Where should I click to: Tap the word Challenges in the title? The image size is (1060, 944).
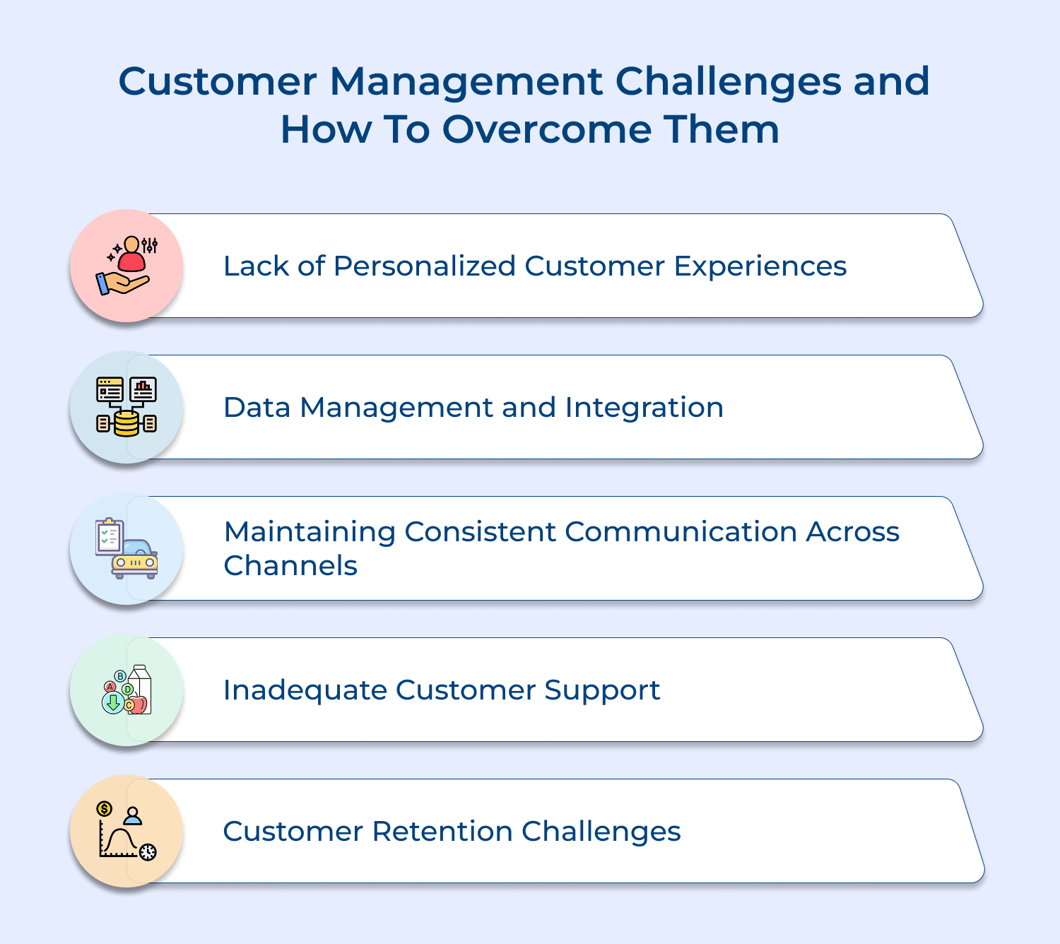click(x=728, y=81)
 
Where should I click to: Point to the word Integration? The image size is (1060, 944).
click(x=644, y=408)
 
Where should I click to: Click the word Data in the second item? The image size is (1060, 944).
click(x=257, y=408)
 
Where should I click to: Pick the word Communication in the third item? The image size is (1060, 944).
click(x=681, y=532)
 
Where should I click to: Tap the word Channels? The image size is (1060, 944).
click(x=290, y=566)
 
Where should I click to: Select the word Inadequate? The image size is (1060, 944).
click(x=305, y=690)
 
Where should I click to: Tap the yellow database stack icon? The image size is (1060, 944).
click(x=126, y=424)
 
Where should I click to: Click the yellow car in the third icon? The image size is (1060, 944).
click(x=135, y=560)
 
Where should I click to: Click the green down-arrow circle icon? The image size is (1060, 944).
click(x=112, y=702)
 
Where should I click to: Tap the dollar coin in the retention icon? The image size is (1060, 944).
click(x=105, y=808)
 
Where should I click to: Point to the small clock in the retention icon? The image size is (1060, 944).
click(x=148, y=852)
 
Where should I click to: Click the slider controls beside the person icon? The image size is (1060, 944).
click(x=149, y=245)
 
